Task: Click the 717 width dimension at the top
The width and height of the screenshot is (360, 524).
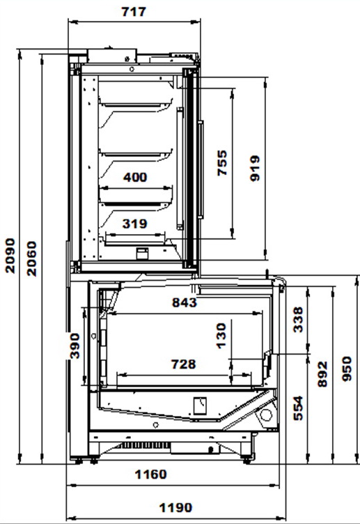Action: tap(134, 12)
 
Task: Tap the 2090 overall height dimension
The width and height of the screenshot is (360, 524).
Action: tap(10, 256)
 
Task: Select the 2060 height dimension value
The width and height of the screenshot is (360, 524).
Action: tap(32, 259)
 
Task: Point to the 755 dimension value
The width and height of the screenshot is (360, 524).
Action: tap(222, 163)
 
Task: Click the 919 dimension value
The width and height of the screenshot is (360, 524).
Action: tap(255, 168)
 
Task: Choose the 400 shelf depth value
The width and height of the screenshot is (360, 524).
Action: tap(135, 177)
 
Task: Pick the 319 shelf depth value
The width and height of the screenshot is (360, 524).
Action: tap(134, 224)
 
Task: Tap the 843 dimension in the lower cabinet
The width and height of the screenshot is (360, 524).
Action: tap(185, 302)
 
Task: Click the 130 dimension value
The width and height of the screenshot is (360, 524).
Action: tap(221, 336)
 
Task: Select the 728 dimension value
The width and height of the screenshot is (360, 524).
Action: tap(183, 364)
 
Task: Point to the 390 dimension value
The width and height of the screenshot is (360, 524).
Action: tap(75, 346)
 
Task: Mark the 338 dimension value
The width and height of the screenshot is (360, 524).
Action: tap(298, 320)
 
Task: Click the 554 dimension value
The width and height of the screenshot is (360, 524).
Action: tap(298, 408)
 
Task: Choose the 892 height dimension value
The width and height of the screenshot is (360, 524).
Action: tap(322, 374)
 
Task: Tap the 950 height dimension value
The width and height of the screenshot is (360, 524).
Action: tap(347, 369)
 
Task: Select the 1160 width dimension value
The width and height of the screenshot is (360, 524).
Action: tap(150, 475)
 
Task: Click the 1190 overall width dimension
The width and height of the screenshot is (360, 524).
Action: tap(175, 508)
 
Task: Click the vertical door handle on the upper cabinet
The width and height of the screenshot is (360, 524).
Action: tap(201, 170)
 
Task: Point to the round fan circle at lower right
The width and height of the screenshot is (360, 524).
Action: tap(266, 415)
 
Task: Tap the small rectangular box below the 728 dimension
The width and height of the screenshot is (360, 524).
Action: tap(200, 406)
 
